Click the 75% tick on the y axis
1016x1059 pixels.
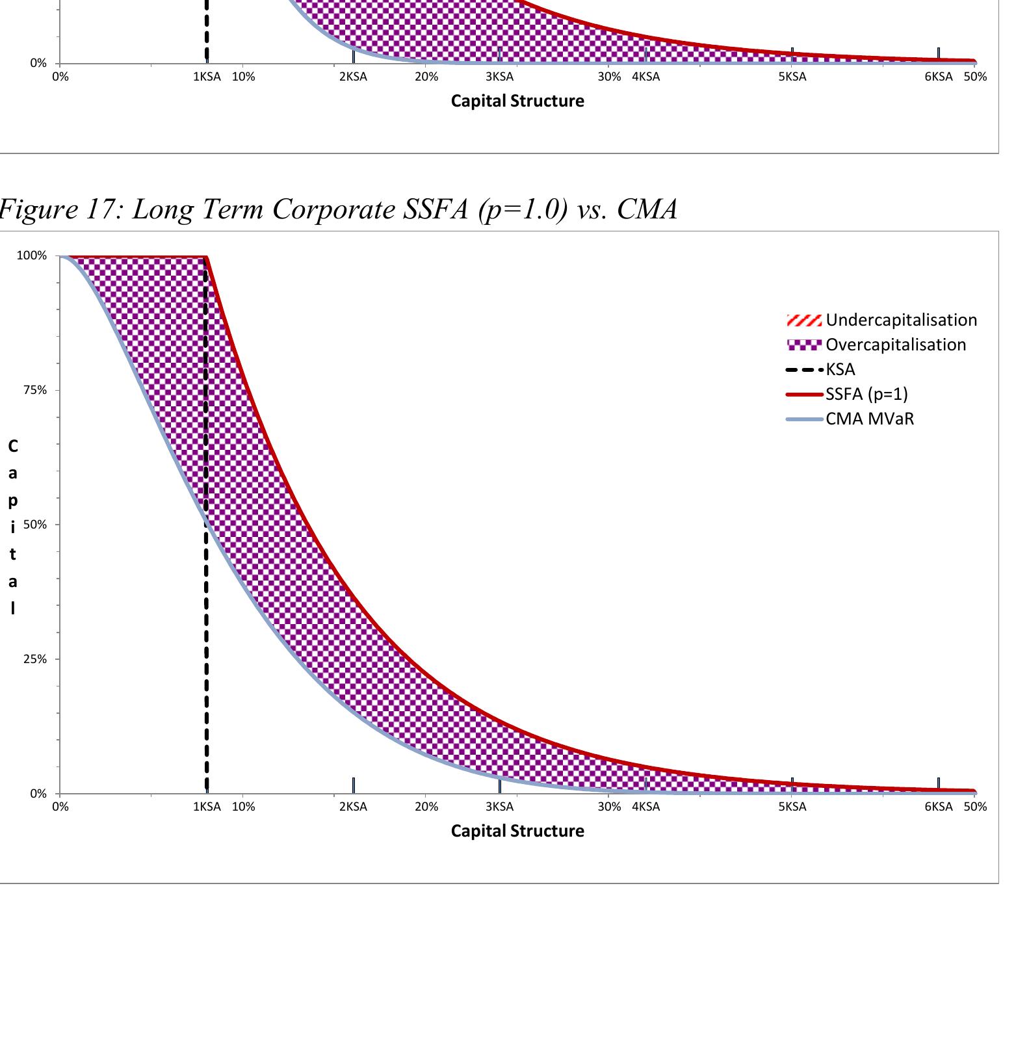click(35, 390)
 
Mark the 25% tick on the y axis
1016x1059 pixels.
click(35, 659)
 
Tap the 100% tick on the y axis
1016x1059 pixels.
click(32, 255)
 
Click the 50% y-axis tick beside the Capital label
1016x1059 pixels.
click(35, 525)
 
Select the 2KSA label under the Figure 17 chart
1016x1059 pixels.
click(353, 807)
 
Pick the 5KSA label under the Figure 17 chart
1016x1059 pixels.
click(792, 807)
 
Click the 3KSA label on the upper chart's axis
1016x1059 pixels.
click(499, 77)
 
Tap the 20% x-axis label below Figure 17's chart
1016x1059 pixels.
click(426, 807)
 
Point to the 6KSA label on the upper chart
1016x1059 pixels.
click(938, 77)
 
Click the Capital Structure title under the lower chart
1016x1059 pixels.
click(517, 831)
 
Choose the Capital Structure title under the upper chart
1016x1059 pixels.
click(517, 101)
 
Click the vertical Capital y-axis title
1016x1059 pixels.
click(12, 527)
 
